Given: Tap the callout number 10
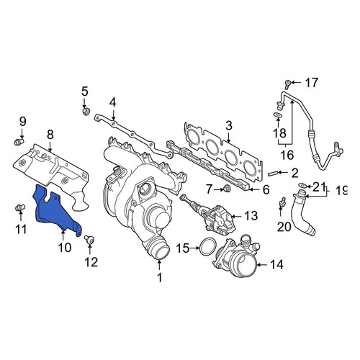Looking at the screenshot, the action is pos(65,248).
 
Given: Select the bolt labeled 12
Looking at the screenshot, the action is pos(89,240).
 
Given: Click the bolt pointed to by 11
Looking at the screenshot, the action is pos(20,208).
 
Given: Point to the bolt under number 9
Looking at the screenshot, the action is pos(19,142).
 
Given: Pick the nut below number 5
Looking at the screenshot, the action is pos(86,112).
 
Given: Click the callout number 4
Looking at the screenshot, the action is pos(113,102).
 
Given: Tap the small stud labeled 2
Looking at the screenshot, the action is pos(273,173).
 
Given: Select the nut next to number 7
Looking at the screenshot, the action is pos(226,189).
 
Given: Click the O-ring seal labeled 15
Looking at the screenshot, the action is pos(208,247).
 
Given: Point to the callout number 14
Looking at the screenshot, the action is pos(276,264).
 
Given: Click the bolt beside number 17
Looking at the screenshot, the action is pos(287,84).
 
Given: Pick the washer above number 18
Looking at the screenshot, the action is pos(278,115).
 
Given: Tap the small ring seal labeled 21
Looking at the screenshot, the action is pos(302,185).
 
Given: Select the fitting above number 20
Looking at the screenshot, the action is pos(283,202).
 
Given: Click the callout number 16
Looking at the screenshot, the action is pos(287,155).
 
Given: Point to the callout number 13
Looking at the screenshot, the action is pos(251,216).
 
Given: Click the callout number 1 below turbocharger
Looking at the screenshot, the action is pos(160,277).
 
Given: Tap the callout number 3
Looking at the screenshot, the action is pos(229,126).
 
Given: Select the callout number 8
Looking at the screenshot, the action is pos(50,135).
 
